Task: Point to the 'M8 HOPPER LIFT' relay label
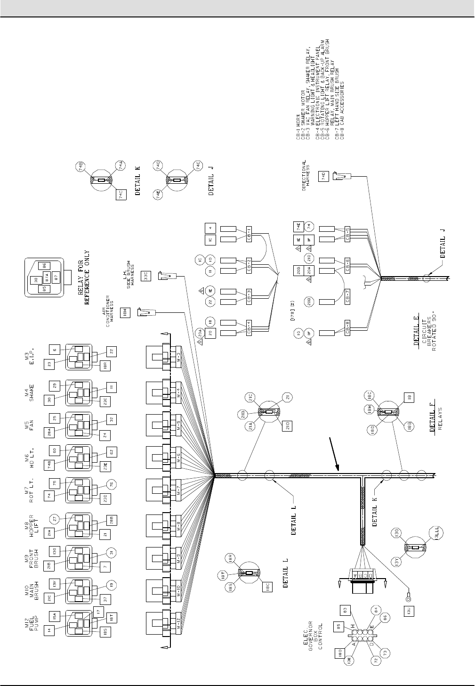[32, 523]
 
